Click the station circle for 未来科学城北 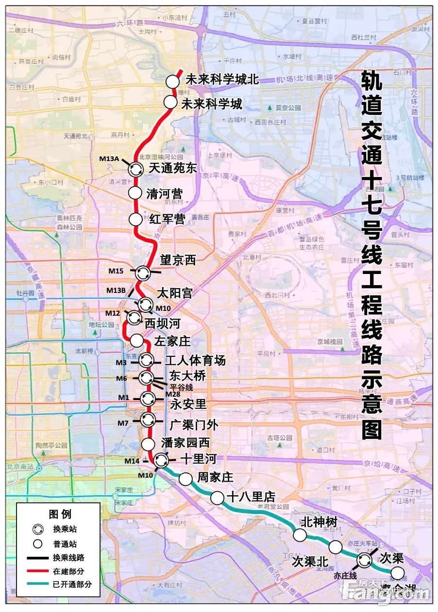click(172, 81)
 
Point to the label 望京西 click(178, 260)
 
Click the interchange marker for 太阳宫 click(145, 305)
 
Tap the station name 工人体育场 click(195, 360)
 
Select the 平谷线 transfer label click(182, 387)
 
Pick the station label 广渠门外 click(194, 425)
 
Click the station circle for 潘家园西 click(148, 443)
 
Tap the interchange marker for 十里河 click(161, 459)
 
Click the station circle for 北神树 click(300, 535)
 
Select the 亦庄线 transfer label click(345, 576)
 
